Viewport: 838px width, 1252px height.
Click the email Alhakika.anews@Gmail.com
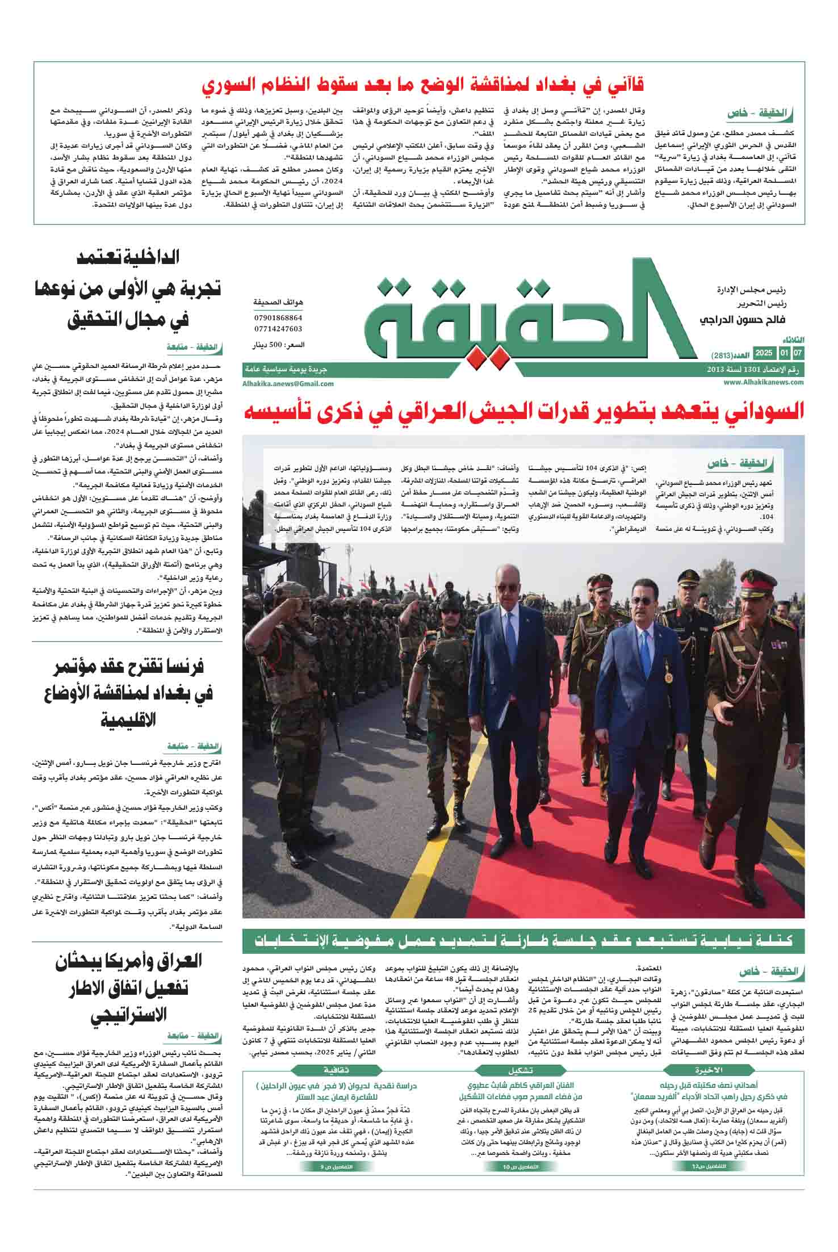[288, 383]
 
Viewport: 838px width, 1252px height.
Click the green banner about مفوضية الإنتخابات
[523, 941]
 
